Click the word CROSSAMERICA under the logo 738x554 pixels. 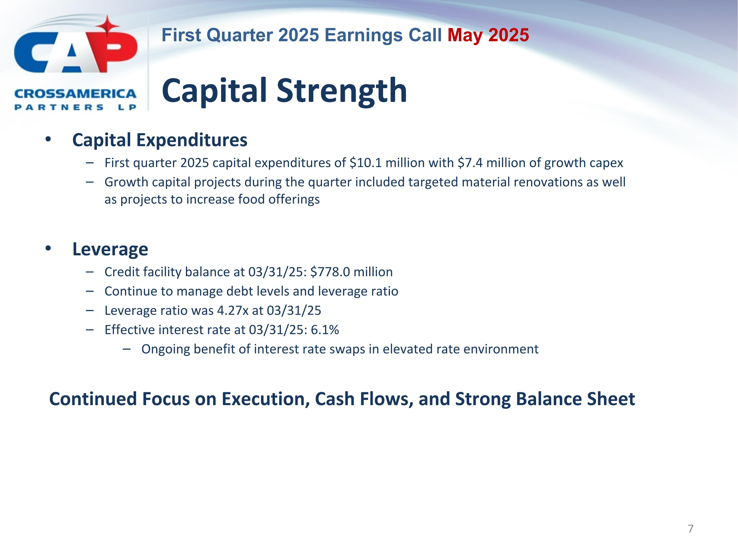[x=76, y=94]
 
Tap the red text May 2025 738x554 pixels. [x=488, y=35]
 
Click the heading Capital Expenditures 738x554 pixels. [x=160, y=140]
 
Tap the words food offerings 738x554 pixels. [x=278, y=199]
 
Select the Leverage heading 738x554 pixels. [x=110, y=249]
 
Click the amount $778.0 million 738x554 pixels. [x=351, y=272]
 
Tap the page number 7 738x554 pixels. [x=690, y=529]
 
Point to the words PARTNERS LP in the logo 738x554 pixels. [x=76, y=107]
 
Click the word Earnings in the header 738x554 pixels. [x=364, y=35]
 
